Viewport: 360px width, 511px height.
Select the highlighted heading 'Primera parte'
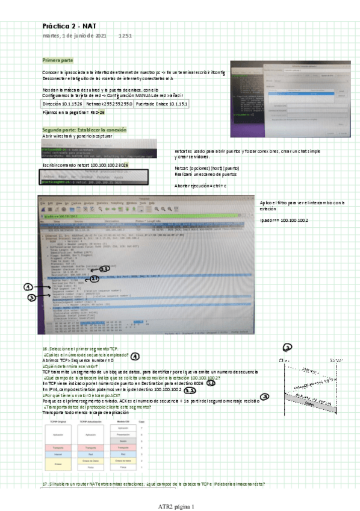click(x=58, y=61)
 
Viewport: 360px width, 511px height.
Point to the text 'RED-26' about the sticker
click(x=98, y=113)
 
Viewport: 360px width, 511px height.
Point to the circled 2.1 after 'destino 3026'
click(x=211, y=383)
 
